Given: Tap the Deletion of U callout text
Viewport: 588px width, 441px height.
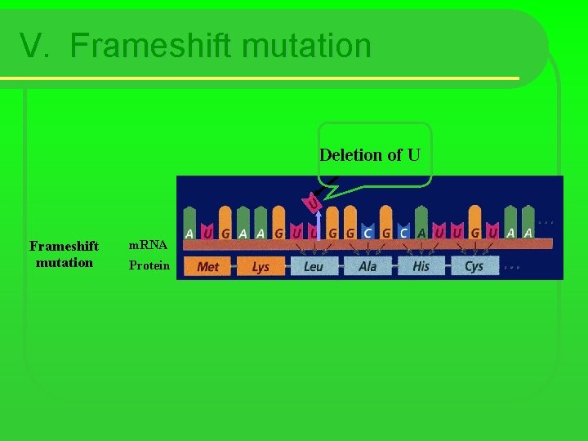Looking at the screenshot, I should point(369,154).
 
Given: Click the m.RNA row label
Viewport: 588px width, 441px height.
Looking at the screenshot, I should point(148,245).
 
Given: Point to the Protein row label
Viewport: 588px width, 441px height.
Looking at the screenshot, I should point(149,265).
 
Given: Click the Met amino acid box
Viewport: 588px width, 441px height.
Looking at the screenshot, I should point(208,266).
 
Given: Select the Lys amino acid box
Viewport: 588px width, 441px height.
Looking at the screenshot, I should point(261,266).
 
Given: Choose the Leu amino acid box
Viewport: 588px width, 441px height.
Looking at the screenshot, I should point(314,266).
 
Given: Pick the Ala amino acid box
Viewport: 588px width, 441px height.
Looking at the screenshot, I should point(367,266).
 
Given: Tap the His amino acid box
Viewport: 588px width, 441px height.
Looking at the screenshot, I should point(421,266).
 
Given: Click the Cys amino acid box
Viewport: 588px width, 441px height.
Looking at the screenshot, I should point(474,266).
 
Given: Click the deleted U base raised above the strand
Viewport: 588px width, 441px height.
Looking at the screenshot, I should point(312,199).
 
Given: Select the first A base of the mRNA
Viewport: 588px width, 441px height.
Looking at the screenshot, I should point(189,233).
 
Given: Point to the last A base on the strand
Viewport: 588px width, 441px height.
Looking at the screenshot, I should point(528,233).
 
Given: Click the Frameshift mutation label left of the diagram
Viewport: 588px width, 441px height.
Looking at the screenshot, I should point(64,254).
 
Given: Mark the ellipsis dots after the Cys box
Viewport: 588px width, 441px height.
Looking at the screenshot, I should point(512,267).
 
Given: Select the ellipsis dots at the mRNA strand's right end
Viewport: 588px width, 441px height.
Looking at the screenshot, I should point(547,221).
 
